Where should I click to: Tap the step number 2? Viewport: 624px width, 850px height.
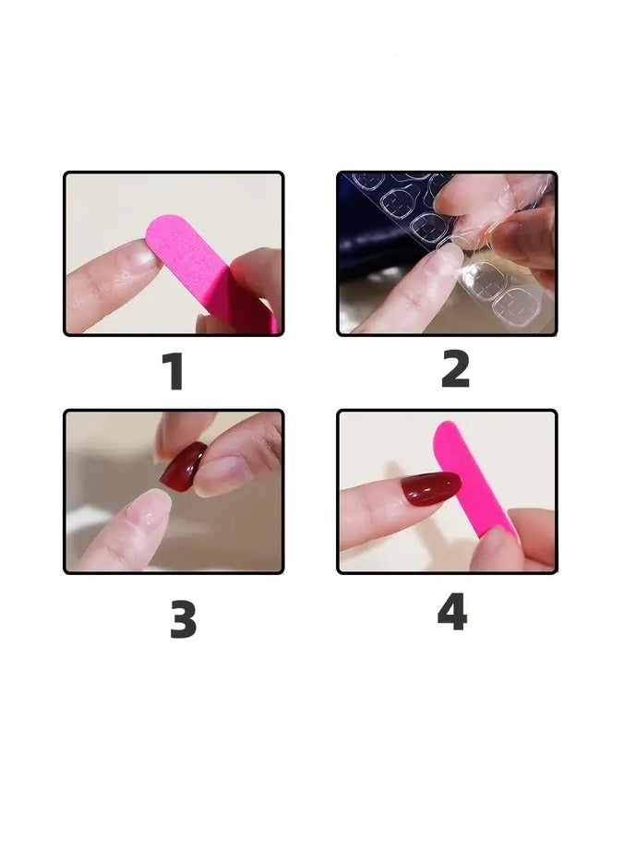[x=455, y=370]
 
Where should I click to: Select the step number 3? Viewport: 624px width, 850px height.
[x=183, y=619]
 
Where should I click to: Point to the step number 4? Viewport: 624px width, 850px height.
[x=451, y=612]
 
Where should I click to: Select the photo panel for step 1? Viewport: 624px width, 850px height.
[x=174, y=254]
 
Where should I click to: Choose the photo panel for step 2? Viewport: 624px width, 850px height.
[x=447, y=254]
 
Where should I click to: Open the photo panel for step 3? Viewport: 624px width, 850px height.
[x=174, y=492]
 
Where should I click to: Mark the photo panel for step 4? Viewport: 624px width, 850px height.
[x=447, y=492]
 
